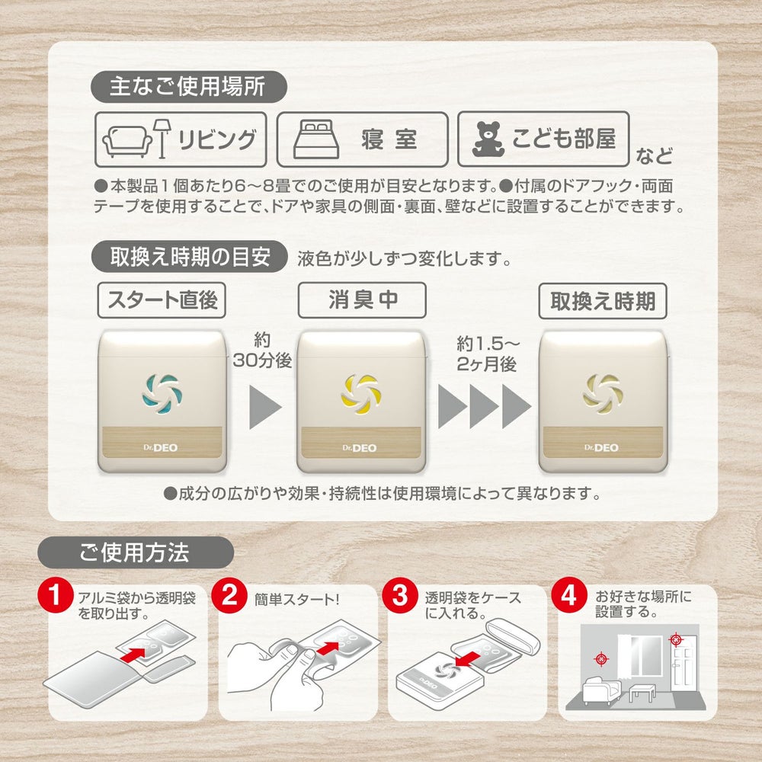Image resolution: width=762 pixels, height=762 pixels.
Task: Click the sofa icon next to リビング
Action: (126, 142)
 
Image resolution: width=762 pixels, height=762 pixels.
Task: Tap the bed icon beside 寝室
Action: (316, 139)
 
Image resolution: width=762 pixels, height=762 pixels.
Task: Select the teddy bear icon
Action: (488, 139)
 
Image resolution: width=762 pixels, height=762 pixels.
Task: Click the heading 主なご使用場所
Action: (188, 87)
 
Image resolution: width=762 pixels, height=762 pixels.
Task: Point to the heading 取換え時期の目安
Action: (190, 257)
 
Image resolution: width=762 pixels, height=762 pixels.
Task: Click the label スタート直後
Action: (162, 299)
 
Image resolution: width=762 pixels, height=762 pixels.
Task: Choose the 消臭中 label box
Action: (362, 299)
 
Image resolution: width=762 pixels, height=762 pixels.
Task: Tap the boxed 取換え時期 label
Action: (603, 301)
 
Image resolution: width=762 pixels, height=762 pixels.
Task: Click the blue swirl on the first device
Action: (160, 393)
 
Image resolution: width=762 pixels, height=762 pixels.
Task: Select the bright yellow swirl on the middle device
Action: (360, 393)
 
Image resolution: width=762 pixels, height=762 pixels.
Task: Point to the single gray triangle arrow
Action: (265, 407)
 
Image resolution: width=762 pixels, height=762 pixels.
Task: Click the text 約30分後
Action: (262, 350)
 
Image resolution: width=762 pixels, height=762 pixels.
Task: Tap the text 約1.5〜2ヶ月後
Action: (488, 354)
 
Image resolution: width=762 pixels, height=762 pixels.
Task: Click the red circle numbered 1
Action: (56, 595)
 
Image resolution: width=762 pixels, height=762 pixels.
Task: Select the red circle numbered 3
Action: (399, 595)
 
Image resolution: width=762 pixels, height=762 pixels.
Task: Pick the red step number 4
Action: (569, 595)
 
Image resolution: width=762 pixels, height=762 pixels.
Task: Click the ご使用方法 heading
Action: (136, 552)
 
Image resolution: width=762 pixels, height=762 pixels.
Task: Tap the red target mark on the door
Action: (675, 639)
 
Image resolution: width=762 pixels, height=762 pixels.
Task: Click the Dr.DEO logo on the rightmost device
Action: (602, 447)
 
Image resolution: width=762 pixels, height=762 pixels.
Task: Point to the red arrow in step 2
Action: (327, 648)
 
